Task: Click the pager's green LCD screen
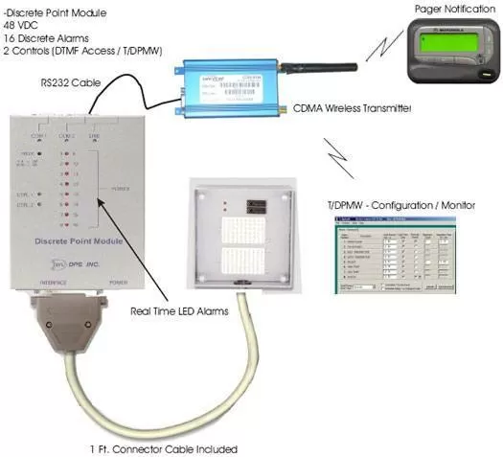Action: click(443, 44)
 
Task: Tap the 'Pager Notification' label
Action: click(446, 9)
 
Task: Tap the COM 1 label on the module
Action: click(41, 136)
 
